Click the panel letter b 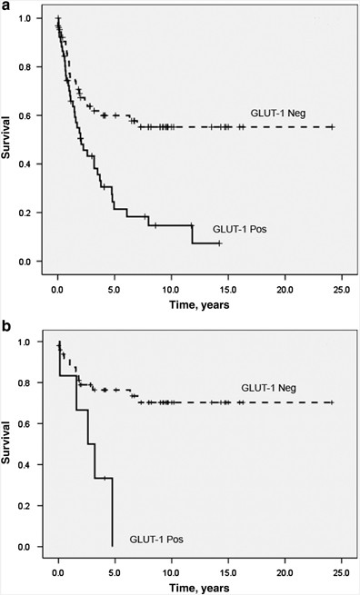point(6,320)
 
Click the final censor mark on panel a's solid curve point(219,243)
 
